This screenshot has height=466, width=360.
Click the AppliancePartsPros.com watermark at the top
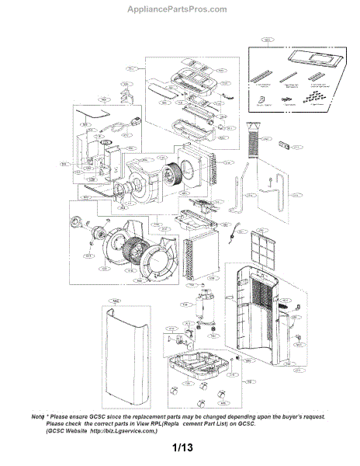pos(179,9)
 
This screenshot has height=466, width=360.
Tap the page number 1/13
pos(181,448)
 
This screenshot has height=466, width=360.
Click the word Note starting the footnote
pos(40,417)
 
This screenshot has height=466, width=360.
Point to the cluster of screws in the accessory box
pos(313,97)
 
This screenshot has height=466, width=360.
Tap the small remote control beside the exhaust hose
pos(288,148)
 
